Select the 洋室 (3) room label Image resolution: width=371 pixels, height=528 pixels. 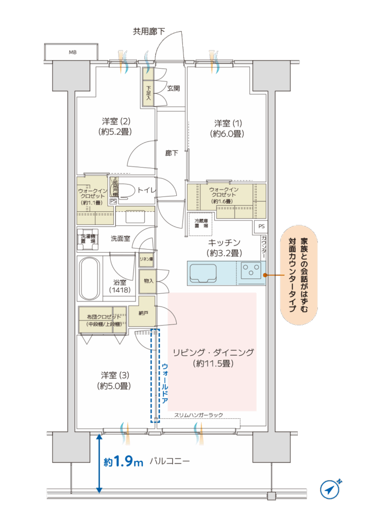pos(114,380)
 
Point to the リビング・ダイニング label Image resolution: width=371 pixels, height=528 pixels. pos(213,358)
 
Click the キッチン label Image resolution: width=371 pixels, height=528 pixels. pos(224,247)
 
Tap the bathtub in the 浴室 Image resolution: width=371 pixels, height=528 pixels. pos(90,278)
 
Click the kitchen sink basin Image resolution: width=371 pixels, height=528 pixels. pos(203,273)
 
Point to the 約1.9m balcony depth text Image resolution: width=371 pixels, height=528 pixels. pos(123,461)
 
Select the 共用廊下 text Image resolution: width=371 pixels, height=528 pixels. pos(149,31)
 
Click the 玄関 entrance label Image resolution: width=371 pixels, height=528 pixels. pos(174,88)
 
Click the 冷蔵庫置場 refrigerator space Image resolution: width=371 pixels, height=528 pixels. pos(201,223)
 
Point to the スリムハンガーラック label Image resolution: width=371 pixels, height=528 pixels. pos(199,415)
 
